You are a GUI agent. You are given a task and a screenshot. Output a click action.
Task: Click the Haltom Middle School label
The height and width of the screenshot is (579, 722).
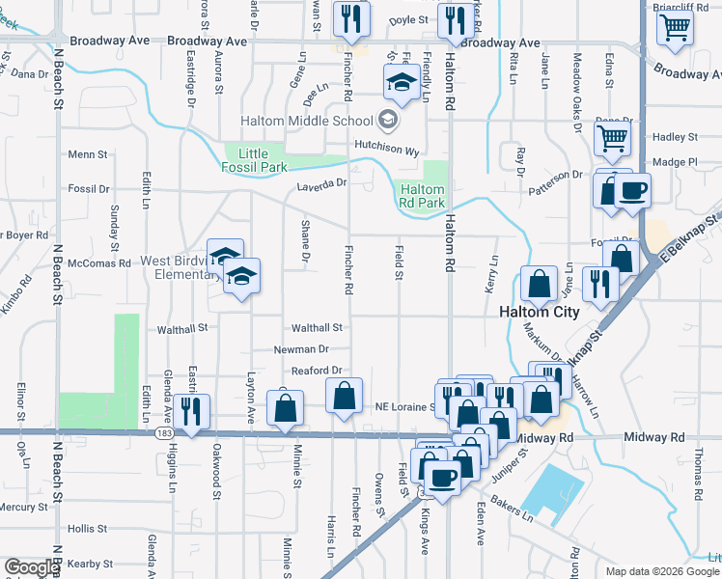pyautogui.click(x=306, y=121)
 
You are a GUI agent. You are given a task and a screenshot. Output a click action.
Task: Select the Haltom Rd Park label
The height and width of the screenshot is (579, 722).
pyautogui.click(x=423, y=197)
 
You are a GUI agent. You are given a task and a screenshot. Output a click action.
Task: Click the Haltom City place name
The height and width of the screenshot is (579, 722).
pyautogui.click(x=540, y=312)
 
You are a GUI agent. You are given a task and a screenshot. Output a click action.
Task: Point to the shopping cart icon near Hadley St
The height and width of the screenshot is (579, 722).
pyautogui.click(x=612, y=141)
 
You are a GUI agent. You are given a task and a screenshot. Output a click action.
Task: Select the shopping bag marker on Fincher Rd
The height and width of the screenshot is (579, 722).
pyautogui.click(x=345, y=397)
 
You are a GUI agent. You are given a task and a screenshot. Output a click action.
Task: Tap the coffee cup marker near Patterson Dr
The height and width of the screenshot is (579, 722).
pyautogui.click(x=632, y=191)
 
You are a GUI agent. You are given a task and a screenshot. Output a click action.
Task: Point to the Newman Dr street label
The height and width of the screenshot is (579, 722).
pyautogui.click(x=303, y=348)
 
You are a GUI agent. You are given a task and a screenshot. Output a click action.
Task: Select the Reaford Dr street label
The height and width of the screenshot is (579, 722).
pyautogui.click(x=318, y=371)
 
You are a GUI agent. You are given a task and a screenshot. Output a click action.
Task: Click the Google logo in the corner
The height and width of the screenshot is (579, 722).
pyautogui.click(x=32, y=568)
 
